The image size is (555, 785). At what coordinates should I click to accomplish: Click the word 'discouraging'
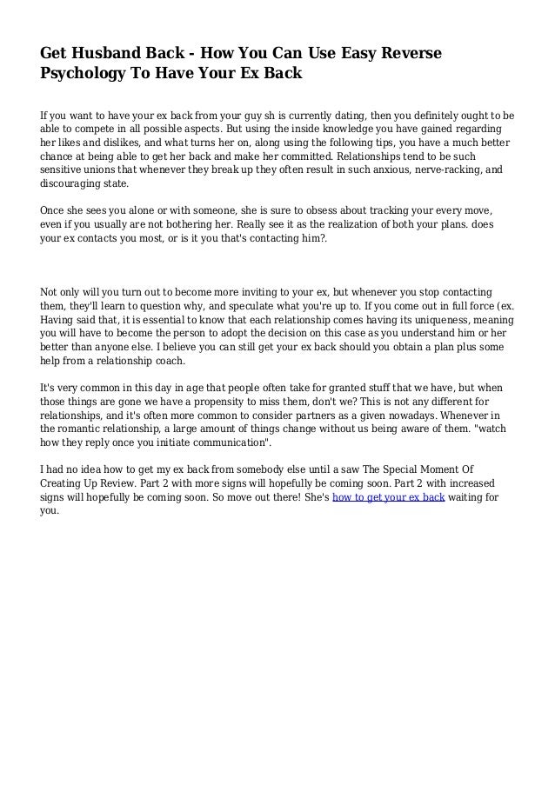(x=71, y=185)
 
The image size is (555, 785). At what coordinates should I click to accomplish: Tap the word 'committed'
(x=291, y=157)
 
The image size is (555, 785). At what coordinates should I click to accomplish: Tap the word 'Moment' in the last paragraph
(x=427, y=469)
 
